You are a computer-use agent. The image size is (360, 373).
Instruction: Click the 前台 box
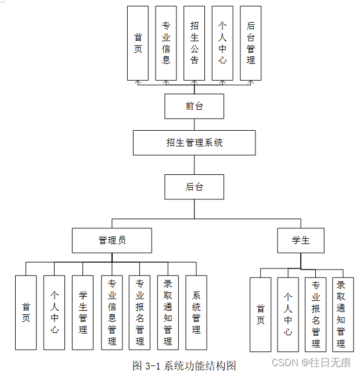194,106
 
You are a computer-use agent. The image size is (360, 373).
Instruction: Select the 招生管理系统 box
194,142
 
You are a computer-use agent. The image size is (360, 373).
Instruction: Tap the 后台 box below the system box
194,187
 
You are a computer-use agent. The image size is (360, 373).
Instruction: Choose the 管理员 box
112,240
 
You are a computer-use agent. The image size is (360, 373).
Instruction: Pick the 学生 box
301,240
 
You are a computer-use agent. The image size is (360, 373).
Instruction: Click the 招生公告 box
195,43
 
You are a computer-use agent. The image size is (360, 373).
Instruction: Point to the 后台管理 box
251,43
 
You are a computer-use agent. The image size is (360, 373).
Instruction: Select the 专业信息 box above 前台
166,43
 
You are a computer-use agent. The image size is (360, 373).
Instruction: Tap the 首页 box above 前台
138,43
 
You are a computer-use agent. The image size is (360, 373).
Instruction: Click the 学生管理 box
83,312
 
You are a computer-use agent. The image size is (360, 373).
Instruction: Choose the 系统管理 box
196,312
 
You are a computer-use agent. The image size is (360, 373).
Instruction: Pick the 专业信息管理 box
111,312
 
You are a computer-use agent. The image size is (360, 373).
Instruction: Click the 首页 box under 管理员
26,312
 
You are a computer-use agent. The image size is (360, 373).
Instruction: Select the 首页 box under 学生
260,314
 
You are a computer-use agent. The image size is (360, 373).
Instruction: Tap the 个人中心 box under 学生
288,314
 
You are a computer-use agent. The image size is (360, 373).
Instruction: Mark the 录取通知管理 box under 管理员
168,312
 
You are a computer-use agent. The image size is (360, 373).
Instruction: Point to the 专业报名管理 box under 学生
316,314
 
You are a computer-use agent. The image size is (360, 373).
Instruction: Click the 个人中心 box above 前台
222,43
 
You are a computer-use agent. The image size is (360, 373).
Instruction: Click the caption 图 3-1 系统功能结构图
184,365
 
